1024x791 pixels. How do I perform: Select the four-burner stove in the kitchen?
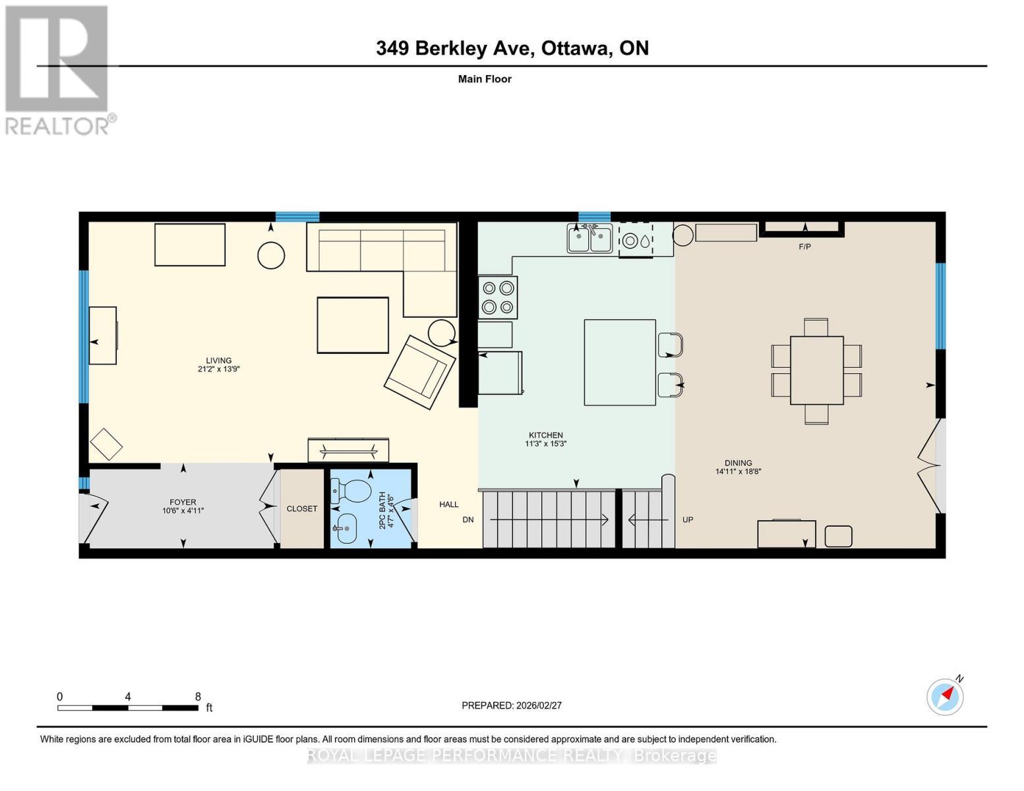(498, 297)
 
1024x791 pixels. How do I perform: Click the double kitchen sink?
(590, 239)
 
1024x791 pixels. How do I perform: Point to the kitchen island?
(620, 362)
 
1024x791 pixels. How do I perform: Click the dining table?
(816, 370)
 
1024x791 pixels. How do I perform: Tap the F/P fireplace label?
(804, 247)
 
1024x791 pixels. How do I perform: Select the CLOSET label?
(302, 509)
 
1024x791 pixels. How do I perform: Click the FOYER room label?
(183, 502)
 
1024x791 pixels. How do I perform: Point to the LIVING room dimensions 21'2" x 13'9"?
(218, 369)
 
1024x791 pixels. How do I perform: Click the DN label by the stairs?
(468, 519)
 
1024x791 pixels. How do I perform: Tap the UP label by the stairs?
(688, 519)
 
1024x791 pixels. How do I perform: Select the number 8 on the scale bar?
(198, 697)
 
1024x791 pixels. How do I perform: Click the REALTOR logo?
(58, 69)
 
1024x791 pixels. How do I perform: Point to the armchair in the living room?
(420, 372)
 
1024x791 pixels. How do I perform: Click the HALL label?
(449, 504)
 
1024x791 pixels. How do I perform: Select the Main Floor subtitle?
(485, 79)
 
